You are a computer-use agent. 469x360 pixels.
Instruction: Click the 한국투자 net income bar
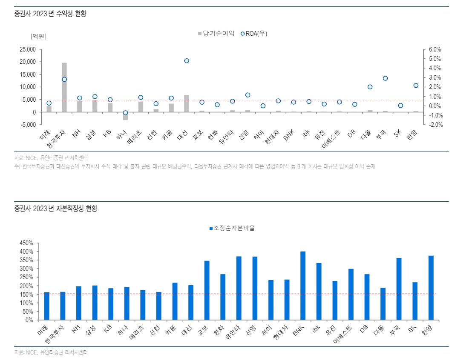pyautogui.click(x=64, y=87)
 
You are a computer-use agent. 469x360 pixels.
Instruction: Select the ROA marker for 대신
pyautogui.click(x=187, y=61)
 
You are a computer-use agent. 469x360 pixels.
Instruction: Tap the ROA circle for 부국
pyautogui.click(x=385, y=78)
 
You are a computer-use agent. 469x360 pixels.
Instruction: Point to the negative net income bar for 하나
pyautogui.click(x=125, y=116)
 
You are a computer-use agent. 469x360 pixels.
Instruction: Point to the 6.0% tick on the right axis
pyautogui.click(x=434, y=49)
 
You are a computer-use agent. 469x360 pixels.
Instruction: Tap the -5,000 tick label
pyautogui.click(x=28, y=125)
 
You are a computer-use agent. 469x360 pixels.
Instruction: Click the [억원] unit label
pyautogui.click(x=38, y=36)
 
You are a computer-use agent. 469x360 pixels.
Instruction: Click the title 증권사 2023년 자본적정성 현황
pyautogui.click(x=55, y=209)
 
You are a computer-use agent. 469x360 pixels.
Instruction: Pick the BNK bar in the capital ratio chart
pyautogui.click(x=303, y=286)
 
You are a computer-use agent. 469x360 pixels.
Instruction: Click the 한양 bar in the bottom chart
pyautogui.click(x=431, y=288)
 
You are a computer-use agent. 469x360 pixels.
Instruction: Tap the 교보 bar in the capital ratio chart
pyautogui.click(x=207, y=290)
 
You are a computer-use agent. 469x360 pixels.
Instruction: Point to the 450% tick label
pyautogui.click(x=26, y=243)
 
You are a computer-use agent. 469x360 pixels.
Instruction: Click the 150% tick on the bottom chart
pyautogui.click(x=26, y=294)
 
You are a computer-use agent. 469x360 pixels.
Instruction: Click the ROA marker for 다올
pyautogui.click(x=370, y=87)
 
